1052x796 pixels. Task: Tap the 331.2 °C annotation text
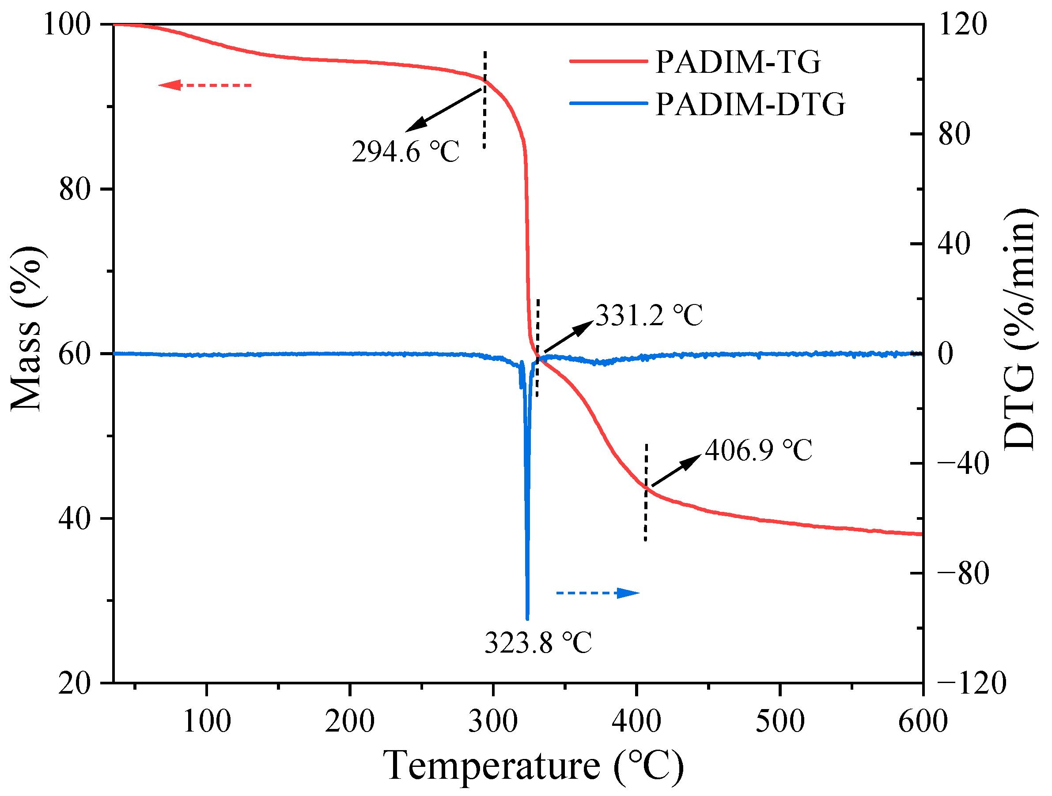tap(649, 315)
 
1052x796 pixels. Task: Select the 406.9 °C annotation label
tap(759, 450)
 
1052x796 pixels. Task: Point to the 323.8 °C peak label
tap(538, 642)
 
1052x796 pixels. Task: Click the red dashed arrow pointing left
tap(204, 86)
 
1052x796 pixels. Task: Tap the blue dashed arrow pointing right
tap(598, 593)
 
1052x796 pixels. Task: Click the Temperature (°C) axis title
tap(533, 766)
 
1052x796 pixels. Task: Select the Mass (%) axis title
tap(27, 328)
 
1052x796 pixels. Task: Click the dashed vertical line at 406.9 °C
tap(645, 492)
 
